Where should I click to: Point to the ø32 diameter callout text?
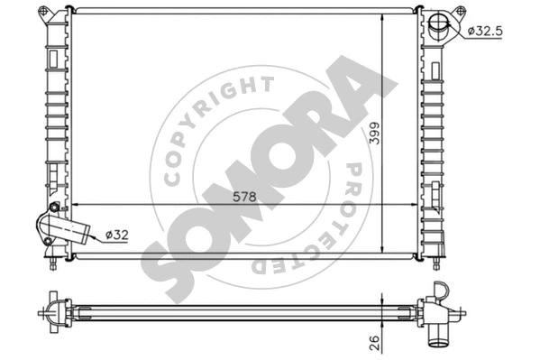(118, 235)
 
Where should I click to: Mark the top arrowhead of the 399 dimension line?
(384, 15)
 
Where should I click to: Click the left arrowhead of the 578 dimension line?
(74, 204)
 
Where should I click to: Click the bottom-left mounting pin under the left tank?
(56, 262)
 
